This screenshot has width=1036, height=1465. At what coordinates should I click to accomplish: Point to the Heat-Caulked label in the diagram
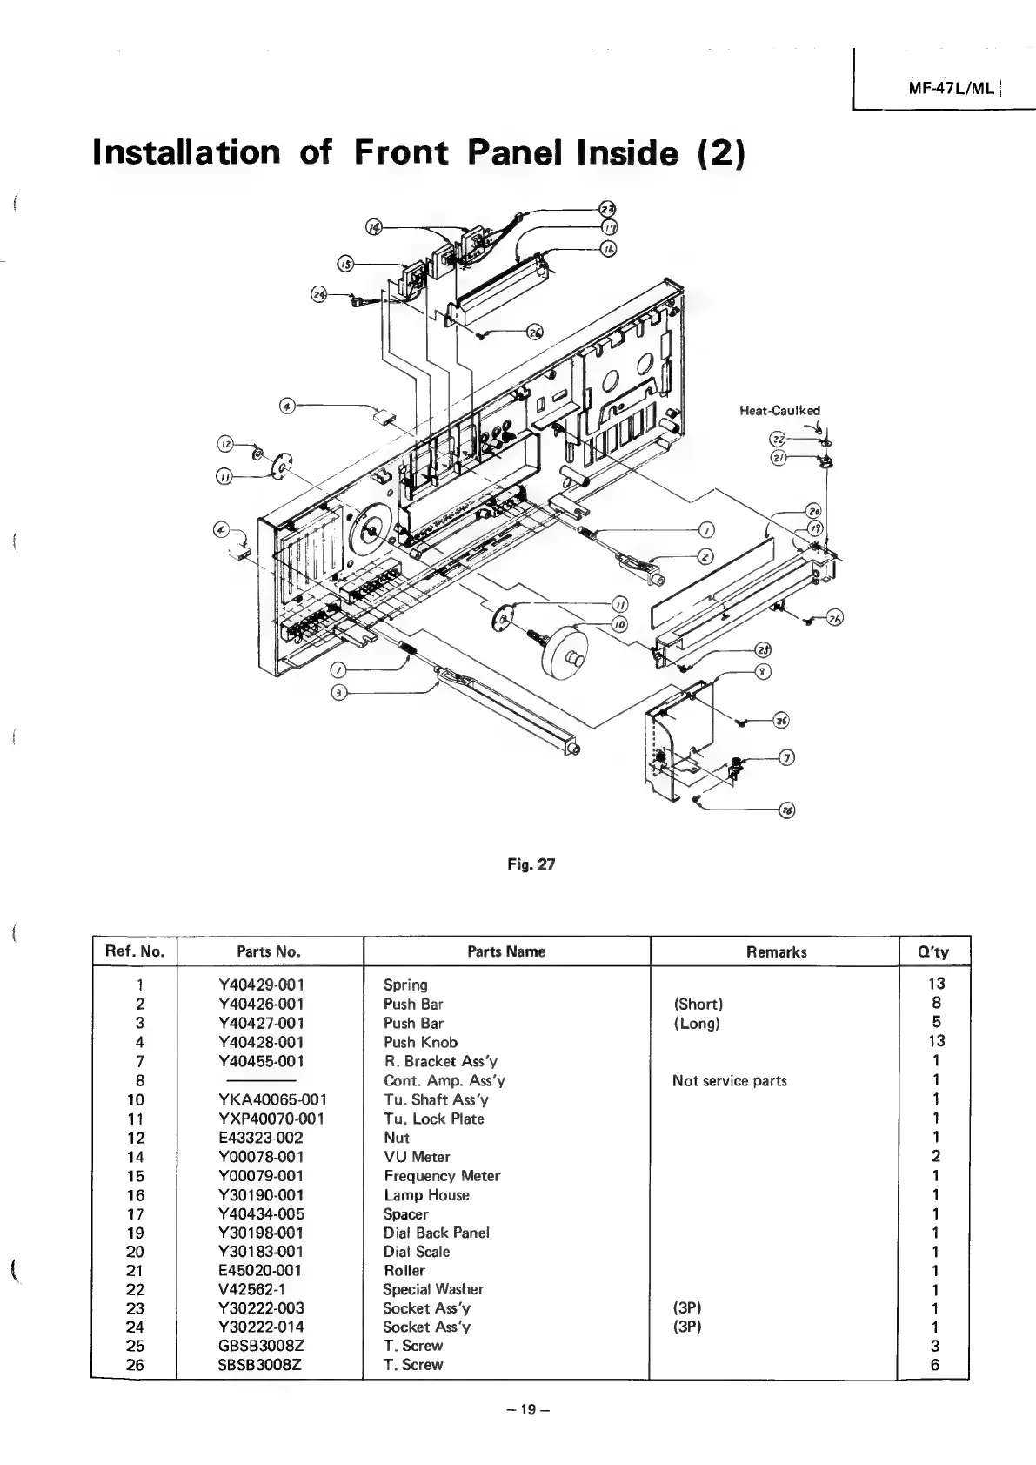click(x=779, y=410)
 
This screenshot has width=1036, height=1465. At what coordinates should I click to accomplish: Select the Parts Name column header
click(x=505, y=951)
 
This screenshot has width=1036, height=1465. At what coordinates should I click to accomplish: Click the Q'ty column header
click(x=932, y=951)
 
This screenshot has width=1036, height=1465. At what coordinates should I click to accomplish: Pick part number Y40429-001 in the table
click(x=262, y=985)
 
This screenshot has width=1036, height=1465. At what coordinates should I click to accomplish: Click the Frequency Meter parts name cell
click(x=442, y=1176)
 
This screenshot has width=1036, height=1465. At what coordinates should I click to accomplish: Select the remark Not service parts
click(x=729, y=1080)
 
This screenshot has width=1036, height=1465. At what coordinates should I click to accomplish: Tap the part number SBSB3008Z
click(x=260, y=1365)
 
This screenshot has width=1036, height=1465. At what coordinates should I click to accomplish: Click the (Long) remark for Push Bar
click(x=697, y=1023)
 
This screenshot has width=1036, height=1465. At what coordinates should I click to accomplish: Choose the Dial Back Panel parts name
click(x=436, y=1233)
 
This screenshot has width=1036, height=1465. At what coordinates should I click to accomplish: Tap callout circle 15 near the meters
click(x=346, y=264)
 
